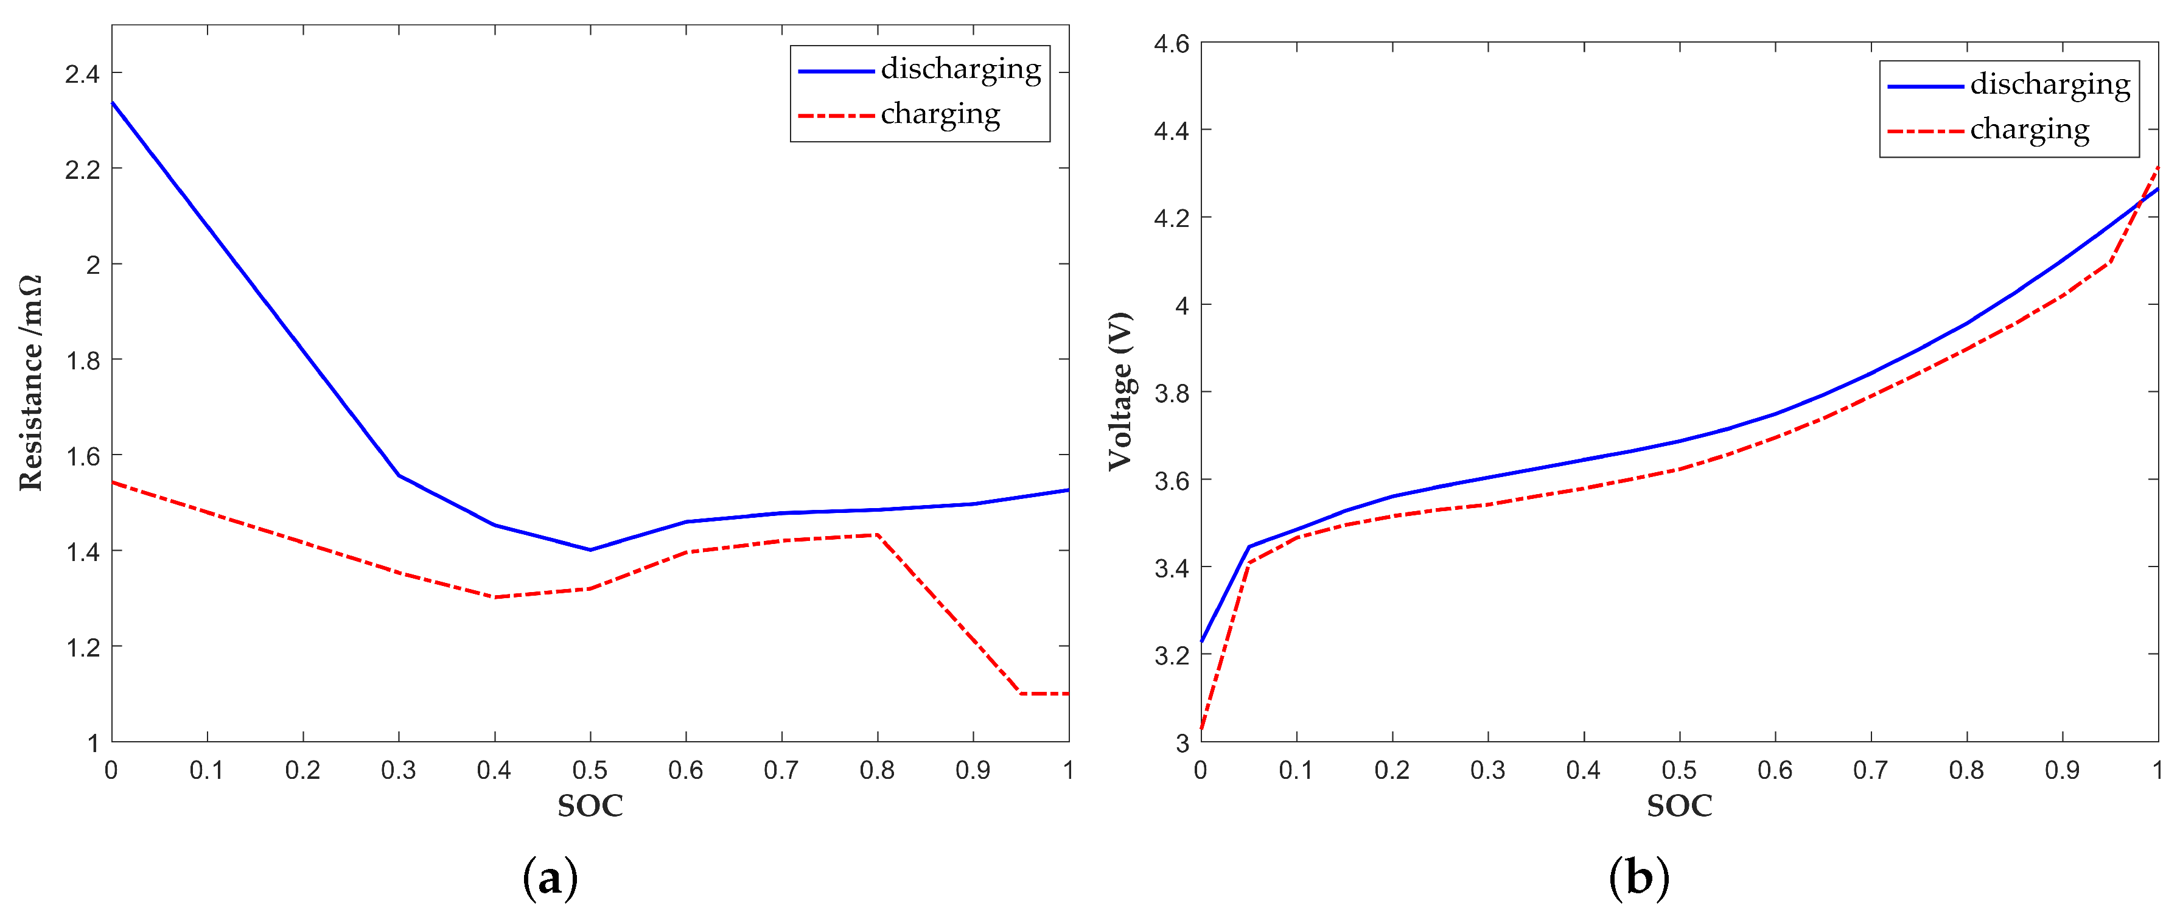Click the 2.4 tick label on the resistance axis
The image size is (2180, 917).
point(82,74)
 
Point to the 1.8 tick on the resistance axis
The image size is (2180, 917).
point(82,360)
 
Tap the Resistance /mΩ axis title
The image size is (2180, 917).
point(30,382)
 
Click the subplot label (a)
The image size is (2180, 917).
point(550,878)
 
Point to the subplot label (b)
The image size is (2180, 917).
point(1639,878)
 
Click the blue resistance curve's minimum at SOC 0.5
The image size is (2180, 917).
point(590,550)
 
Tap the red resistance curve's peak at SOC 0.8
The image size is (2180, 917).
point(878,535)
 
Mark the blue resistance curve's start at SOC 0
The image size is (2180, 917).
point(113,102)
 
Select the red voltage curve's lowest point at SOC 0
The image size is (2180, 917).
point(1202,728)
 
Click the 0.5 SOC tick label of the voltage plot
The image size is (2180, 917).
point(1679,770)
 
